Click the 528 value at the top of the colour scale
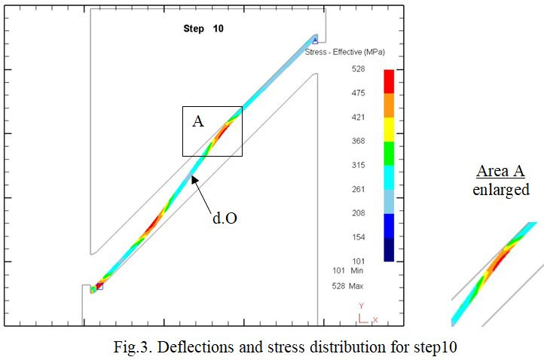[x=359, y=69]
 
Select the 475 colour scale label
[x=359, y=93]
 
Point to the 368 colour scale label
[x=359, y=141]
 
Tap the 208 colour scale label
[x=359, y=213]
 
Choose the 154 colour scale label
[x=359, y=237]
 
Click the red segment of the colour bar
[x=389, y=81]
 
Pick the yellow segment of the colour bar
[x=389, y=130]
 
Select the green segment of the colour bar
[x=389, y=154]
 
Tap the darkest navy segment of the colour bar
[x=389, y=249]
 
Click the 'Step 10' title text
[x=203, y=29]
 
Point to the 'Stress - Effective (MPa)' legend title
[x=345, y=52]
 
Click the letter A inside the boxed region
[x=198, y=121]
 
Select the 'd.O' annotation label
[x=225, y=218]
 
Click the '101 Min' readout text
[x=347, y=270]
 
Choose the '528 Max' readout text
[x=347, y=286]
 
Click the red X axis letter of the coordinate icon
[x=375, y=320]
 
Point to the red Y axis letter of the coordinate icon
[x=362, y=306]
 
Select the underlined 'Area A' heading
[x=500, y=171]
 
